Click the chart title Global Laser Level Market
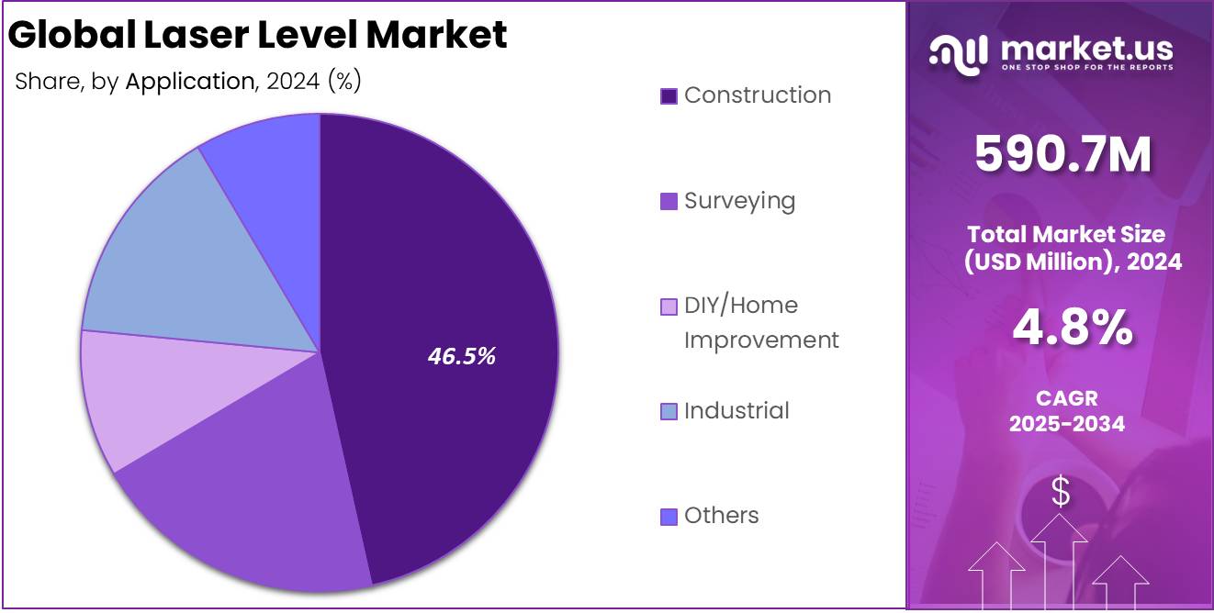(258, 35)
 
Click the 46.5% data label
(462, 356)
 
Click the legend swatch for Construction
(669, 95)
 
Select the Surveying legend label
(739, 200)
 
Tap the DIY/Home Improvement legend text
(760, 322)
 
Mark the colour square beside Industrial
(669, 411)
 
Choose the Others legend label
(722, 516)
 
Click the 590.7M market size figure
(1062, 154)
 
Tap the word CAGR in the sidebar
(1066, 399)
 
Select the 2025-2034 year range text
(1066, 424)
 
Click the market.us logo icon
(958, 51)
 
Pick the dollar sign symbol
(1061, 493)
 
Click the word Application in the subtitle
(188, 81)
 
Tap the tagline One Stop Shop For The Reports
(1086, 68)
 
